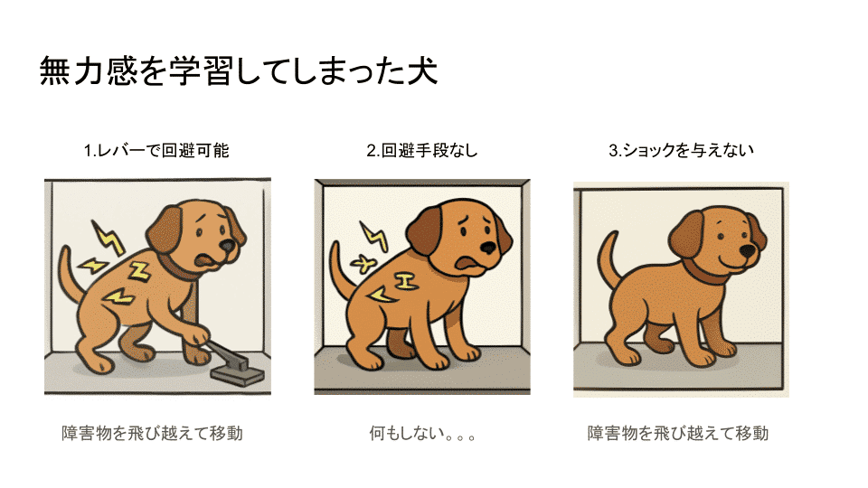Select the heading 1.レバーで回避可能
156,151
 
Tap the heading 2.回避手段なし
422,151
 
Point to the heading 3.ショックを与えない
681,151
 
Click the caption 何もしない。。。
423,433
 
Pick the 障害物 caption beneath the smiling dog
678,433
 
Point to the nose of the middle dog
487,248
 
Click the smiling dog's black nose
746,250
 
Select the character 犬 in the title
420,70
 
